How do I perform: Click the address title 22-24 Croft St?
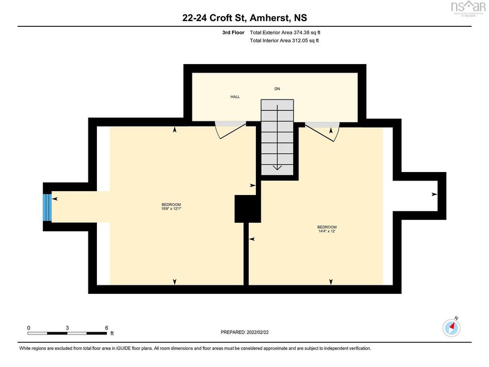point(244,18)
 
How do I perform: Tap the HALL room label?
point(235,97)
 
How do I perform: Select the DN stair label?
point(277,89)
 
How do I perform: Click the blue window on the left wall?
point(47,207)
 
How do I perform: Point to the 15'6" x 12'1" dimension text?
point(171,208)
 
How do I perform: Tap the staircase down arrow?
point(277,167)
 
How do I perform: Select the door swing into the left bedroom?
point(230,130)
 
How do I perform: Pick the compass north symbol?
point(452,327)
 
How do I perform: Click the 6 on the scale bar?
point(106,328)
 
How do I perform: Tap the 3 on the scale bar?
point(67,328)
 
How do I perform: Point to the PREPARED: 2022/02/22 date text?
point(248,332)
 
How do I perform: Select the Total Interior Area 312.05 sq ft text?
point(284,41)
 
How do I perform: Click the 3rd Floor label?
point(233,32)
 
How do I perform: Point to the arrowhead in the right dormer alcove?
point(434,194)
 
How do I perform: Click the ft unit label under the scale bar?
point(112,334)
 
